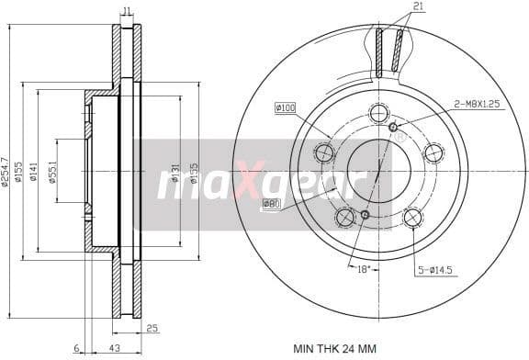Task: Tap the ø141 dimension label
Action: [x=32, y=171]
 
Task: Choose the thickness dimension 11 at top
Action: [x=127, y=11]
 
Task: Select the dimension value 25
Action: [x=152, y=327]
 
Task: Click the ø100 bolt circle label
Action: [x=285, y=109]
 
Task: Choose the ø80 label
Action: [x=271, y=203]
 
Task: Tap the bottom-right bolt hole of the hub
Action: [x=413, y=217]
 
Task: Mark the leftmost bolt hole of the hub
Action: [x=323, y=152]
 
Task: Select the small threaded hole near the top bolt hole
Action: [x=392, y=126]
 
